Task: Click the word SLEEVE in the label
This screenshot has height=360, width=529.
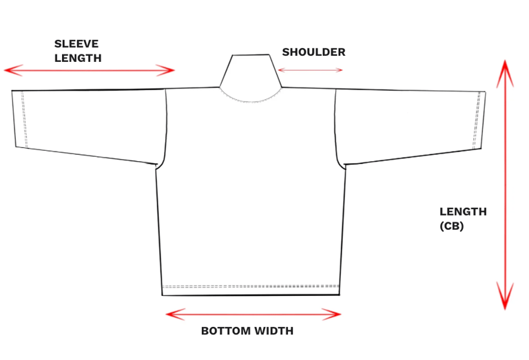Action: pos(76,44)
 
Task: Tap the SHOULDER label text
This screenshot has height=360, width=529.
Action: pos(313,52)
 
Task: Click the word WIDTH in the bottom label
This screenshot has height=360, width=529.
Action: pos(274,331)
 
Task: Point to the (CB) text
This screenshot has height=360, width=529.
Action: pos(452,225)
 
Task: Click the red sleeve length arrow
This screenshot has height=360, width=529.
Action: pos(90,70)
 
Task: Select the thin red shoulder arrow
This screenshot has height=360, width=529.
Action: pos(310,70)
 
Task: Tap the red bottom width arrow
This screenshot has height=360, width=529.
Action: pos(253,315)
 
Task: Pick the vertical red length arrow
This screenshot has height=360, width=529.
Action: pos(506,186)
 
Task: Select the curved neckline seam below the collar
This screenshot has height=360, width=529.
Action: pos(251,100)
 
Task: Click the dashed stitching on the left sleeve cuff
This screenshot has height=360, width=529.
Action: pos(24,119)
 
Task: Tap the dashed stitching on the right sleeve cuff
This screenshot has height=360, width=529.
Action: pos(477,119)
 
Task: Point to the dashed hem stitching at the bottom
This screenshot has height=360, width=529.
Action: pos(251,286)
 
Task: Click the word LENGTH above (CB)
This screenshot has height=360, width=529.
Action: pos(463,212)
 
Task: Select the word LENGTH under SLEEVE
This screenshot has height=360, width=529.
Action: pos(78,58)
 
